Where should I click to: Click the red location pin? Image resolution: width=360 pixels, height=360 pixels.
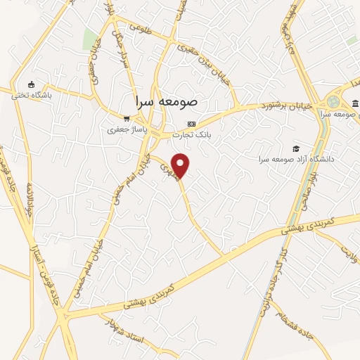[181, 165]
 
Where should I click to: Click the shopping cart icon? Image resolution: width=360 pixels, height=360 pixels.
[125, 119]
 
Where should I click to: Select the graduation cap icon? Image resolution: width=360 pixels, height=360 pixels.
[296, 148]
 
